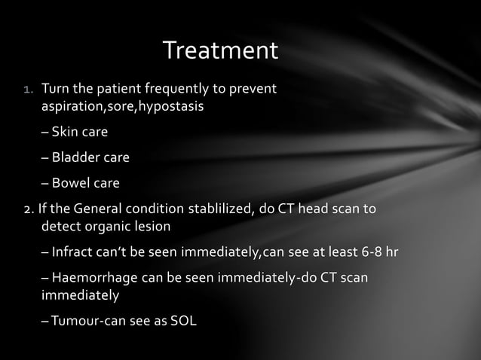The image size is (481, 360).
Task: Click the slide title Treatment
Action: [220, 51]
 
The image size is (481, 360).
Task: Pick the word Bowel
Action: [71, 183]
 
